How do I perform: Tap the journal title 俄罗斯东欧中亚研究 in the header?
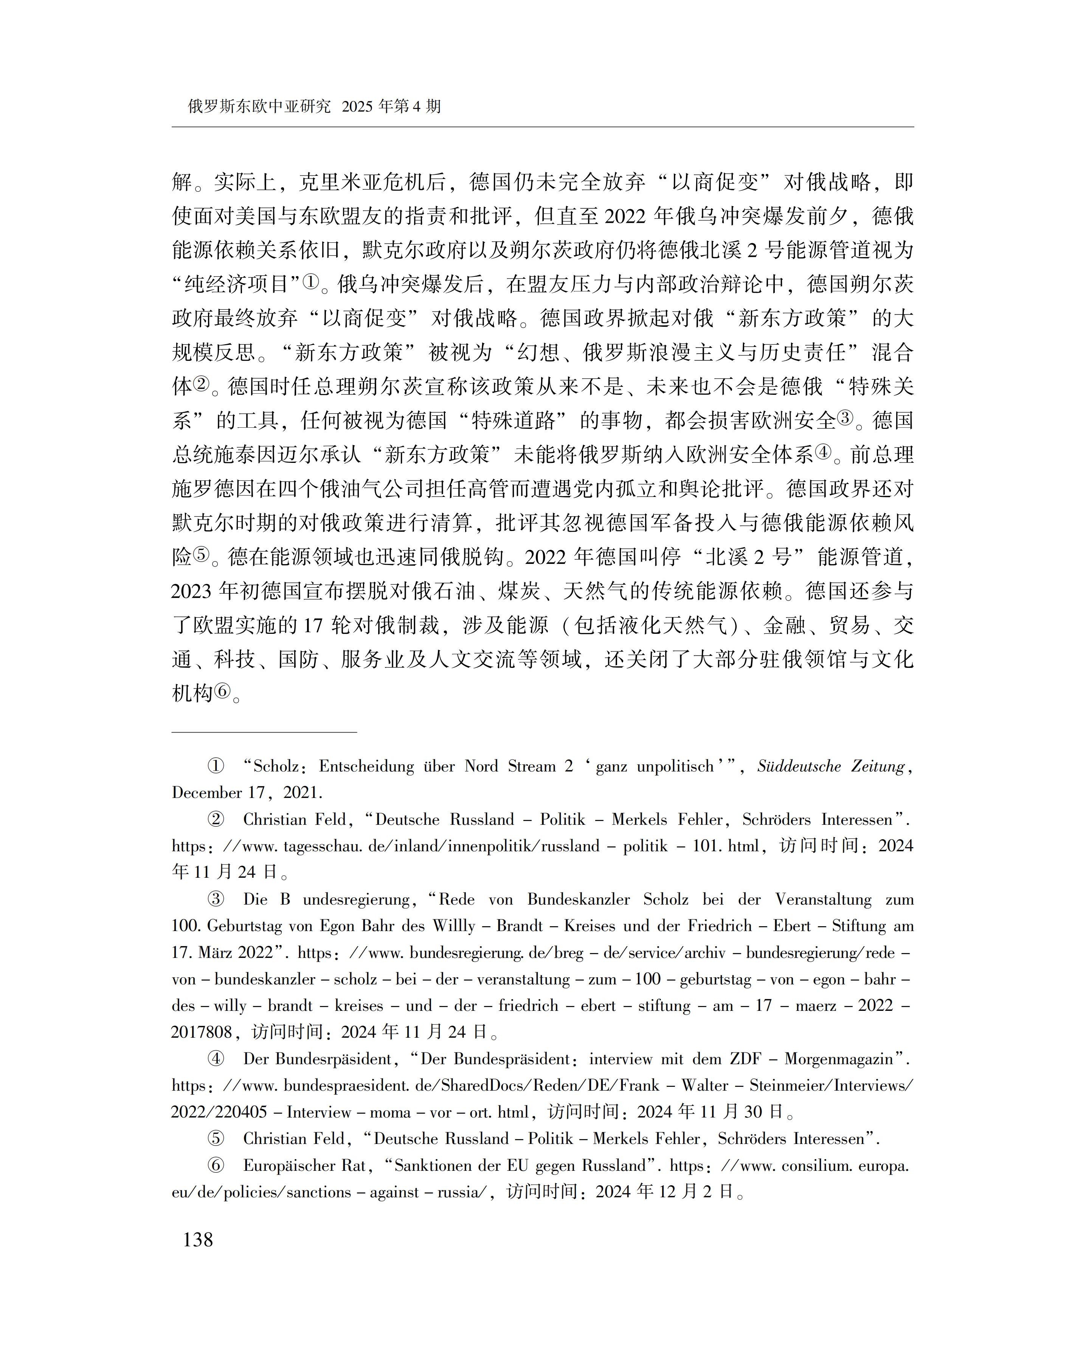pos(259,106)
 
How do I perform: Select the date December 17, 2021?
pos(247,793)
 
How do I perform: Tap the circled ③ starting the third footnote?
pos(216,900)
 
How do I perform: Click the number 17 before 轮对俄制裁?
pos(313,626)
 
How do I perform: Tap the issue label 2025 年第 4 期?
pos(391,106)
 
